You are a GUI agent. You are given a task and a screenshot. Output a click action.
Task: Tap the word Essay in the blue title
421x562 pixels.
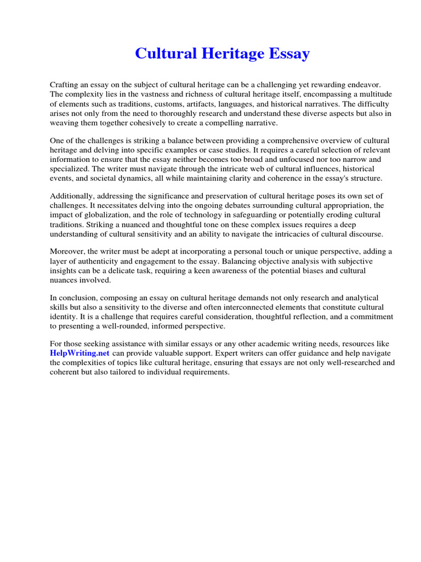point(288,54)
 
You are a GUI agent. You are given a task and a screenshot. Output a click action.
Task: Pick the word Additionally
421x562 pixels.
point(73,196)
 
